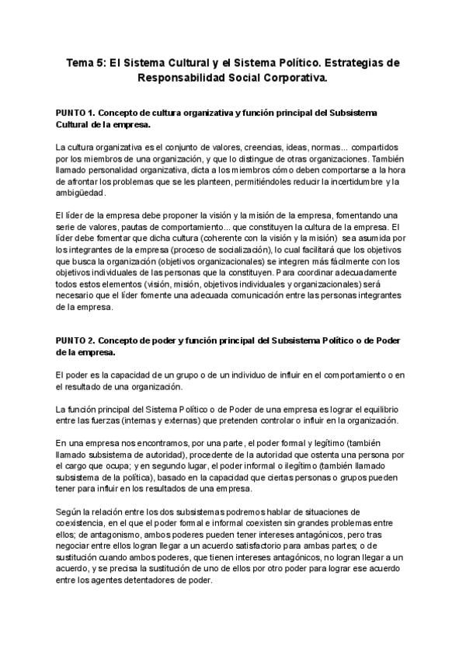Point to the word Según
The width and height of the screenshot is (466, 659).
[69, 512]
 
